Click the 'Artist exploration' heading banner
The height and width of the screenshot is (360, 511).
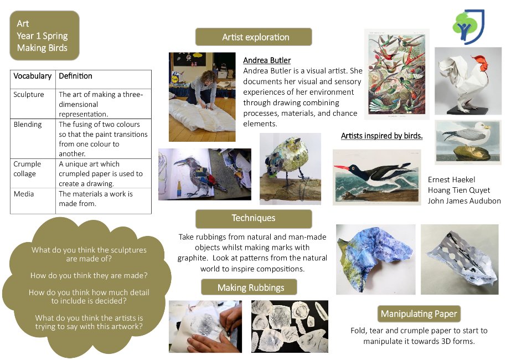(x=254, y=37)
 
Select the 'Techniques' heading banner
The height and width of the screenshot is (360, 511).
(x=254, y=218)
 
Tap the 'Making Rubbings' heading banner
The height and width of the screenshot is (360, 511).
(x=249, y=287)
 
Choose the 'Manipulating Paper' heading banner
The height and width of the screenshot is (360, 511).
(x=419, y=313)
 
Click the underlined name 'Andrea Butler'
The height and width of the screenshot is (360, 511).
(x=267, y=60)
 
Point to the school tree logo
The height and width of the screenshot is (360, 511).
(x=468, y=27)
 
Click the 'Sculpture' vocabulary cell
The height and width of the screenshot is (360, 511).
(x=33, y=104)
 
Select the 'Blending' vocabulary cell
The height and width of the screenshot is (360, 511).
(x=33, y=138)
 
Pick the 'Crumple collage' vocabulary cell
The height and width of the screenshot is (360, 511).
(x=33, y=173)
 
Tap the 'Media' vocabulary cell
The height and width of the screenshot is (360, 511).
(x=33, y=201)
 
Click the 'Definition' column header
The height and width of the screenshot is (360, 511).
(x=104, y=79)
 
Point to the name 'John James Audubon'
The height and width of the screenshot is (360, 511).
(x=464, y=201)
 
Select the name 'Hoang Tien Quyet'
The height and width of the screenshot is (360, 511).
(x=458, y=190)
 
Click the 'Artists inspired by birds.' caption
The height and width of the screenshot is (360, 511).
(x=381, y=136)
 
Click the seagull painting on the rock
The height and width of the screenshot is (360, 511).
(x=468, y=142)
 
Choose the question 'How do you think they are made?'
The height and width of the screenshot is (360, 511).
(x=89, y=276)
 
